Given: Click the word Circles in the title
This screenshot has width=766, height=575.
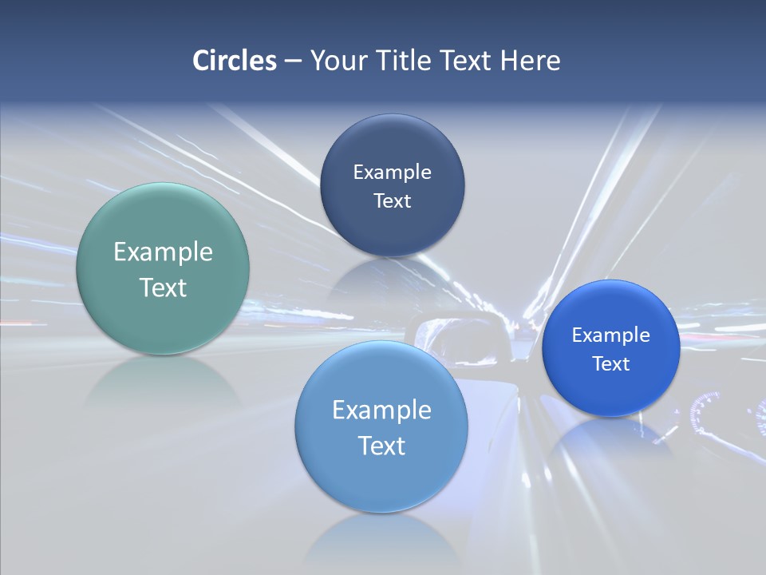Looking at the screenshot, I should coord(235,61).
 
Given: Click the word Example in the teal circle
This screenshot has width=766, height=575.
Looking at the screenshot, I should coord(163,252).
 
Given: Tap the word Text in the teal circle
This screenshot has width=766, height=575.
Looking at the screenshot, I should coord(163,287).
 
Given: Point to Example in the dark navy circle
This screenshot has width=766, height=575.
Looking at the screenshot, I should coord(392,172).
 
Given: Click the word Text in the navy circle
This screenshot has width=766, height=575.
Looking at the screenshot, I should coord(392,201).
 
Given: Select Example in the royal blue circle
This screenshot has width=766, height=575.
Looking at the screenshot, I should coord(610,335).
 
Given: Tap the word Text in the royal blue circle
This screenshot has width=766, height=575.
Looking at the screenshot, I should coord(610,364).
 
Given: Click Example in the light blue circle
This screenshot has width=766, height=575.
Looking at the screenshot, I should coord(381,410).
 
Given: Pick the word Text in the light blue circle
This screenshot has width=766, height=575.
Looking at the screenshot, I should coord(381,446).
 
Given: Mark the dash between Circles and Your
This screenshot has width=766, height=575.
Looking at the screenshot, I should coord(292,61).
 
